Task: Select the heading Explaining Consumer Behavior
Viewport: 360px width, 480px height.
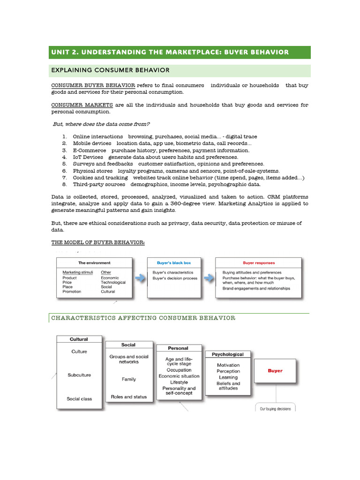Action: click(x=110, y=70)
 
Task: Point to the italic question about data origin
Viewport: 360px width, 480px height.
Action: click(x=101, y=124)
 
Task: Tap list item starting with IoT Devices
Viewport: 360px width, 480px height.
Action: click(x=155, y=157)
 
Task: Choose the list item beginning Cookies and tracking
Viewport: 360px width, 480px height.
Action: click(x=187, y=178)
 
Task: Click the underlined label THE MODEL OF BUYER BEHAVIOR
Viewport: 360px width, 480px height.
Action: click(x=98, y=242)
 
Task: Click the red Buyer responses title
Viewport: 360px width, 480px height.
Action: click(x=259, y=263)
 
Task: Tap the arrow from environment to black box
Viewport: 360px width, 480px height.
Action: click(x=140, y=278)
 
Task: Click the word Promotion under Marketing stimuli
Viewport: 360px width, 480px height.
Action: click(x=72, y=292)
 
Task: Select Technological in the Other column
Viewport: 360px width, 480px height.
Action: click(x=113, y=283)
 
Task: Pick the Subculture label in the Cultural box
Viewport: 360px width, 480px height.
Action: click(x=79, y=375)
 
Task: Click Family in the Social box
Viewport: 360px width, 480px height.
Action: click(x=128, y=379)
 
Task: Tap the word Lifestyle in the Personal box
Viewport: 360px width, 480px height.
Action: click(x=179, y=382)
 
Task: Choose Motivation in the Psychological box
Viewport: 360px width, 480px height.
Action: click(x=228, y=365)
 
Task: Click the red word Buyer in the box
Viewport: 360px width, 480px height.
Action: click(x=275, y=371)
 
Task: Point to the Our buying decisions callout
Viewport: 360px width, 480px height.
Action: click(x=275, y=408)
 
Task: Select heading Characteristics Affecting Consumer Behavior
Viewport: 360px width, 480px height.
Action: click(x=143, y=318)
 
